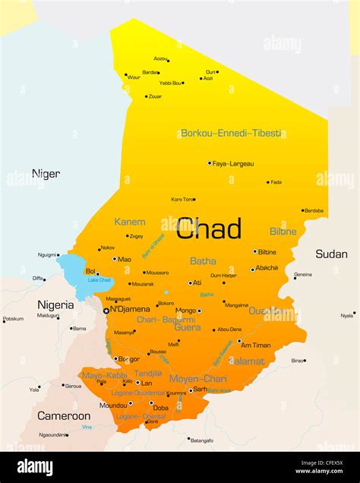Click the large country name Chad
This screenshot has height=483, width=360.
point(209,228)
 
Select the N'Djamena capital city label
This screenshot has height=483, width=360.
point(130,309)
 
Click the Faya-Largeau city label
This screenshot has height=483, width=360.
point(233,163)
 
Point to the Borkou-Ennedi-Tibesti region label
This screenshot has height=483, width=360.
point(231,133)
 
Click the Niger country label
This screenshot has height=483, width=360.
point(46,174)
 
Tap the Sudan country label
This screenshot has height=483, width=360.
point(331,254)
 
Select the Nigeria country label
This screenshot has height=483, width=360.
point(55,305)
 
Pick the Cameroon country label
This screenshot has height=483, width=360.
point(64,415)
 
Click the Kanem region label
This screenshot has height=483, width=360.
point(129,222)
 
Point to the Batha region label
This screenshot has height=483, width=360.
point(203,260)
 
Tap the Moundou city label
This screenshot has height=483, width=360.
point(113,406)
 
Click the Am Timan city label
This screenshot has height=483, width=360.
point(257,345)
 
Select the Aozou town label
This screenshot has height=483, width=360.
point(160,58)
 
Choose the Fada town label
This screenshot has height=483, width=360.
point(276,182)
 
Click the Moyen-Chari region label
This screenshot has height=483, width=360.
point(197,378)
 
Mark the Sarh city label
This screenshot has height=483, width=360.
point(200,389)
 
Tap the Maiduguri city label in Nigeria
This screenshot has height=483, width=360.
point(48,315)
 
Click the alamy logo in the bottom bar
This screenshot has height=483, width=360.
point(35,467)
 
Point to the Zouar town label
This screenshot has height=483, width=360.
point(154,96)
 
